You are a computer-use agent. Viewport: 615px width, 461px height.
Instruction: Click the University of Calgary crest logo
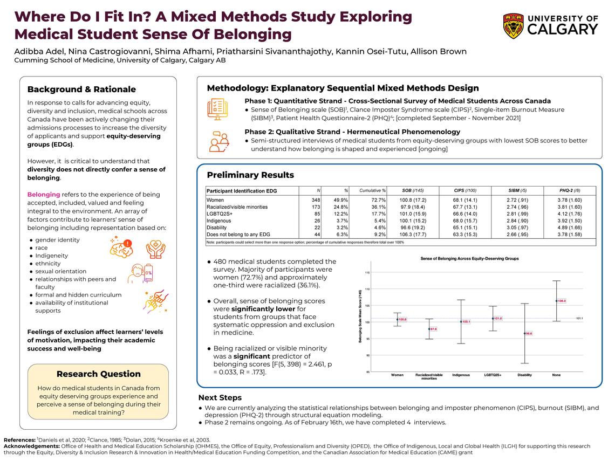click(513, 26)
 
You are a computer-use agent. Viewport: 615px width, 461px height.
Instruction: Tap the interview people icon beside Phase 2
click(218, 140)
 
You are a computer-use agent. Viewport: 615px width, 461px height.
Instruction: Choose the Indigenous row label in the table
click(220, 221)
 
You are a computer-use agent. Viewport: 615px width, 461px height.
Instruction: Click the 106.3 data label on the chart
click(562, 301)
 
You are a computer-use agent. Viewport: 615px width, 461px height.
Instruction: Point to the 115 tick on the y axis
click(367, 273)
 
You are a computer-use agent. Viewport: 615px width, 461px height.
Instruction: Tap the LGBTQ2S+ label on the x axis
click(492, 375)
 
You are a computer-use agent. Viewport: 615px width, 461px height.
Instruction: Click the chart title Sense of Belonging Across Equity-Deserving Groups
click(469, 259)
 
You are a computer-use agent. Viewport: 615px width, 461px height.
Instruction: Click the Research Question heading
click(99, 374)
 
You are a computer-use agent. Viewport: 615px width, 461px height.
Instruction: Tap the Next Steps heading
click(220, 398)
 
